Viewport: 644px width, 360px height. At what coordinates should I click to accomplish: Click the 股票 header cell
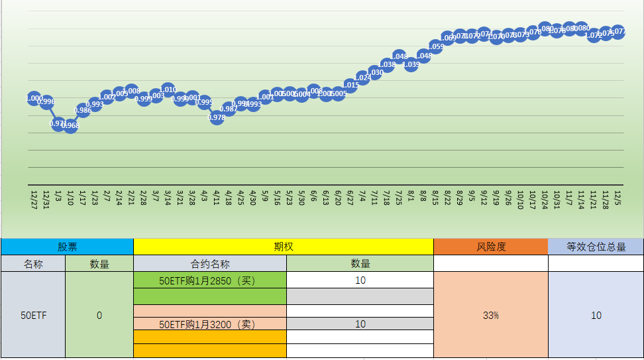pyautogui.click(x=67, y=247)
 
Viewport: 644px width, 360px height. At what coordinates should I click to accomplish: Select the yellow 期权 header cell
pyautogui.click(x=284, y=247)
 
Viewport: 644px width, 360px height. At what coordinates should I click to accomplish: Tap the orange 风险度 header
pyautogui.click(x=491, y=247)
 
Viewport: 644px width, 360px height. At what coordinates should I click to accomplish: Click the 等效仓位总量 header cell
pyautogui.click(x=596, y=247)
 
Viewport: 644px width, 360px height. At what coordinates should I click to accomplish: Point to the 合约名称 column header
pyautogui.click(x=210, y=263)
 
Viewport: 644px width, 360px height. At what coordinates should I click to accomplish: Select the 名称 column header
pyautogui.click(x=33, y=263)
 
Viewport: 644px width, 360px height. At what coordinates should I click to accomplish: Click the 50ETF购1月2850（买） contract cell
pyautogui.click(x=210, y=280)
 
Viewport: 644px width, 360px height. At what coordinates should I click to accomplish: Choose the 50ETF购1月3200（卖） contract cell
pyautogui.click(x=210, y=324)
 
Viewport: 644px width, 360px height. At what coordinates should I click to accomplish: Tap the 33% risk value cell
pyautogui.click(x=491, y=316)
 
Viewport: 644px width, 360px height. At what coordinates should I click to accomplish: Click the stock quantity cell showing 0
pyautogui.click(x=99, y=316)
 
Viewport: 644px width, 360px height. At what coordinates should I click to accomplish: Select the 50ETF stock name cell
pyautogui.click(x=33, y=316)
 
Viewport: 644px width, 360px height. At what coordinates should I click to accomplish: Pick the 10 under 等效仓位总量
pyautogui.click(x=596, y=316)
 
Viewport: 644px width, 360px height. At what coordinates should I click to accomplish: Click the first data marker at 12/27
pyautogui.click(x=34, y=98)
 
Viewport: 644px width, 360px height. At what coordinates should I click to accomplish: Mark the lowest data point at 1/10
pyautogui.click(x=71, y=125)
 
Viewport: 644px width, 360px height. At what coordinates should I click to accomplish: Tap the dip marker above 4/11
pyautogui.click(x=217, y=117)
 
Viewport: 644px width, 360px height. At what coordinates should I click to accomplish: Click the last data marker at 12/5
pyautogui.click(x=617, y=31)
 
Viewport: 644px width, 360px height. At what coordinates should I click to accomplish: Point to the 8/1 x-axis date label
pyautogui.click(x=411, y=197)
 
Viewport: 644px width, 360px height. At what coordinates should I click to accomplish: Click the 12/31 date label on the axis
pyautogui.click(x=46, y=198)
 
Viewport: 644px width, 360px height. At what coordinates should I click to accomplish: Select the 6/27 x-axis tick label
pyautogui.click(x=350, y=198)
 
